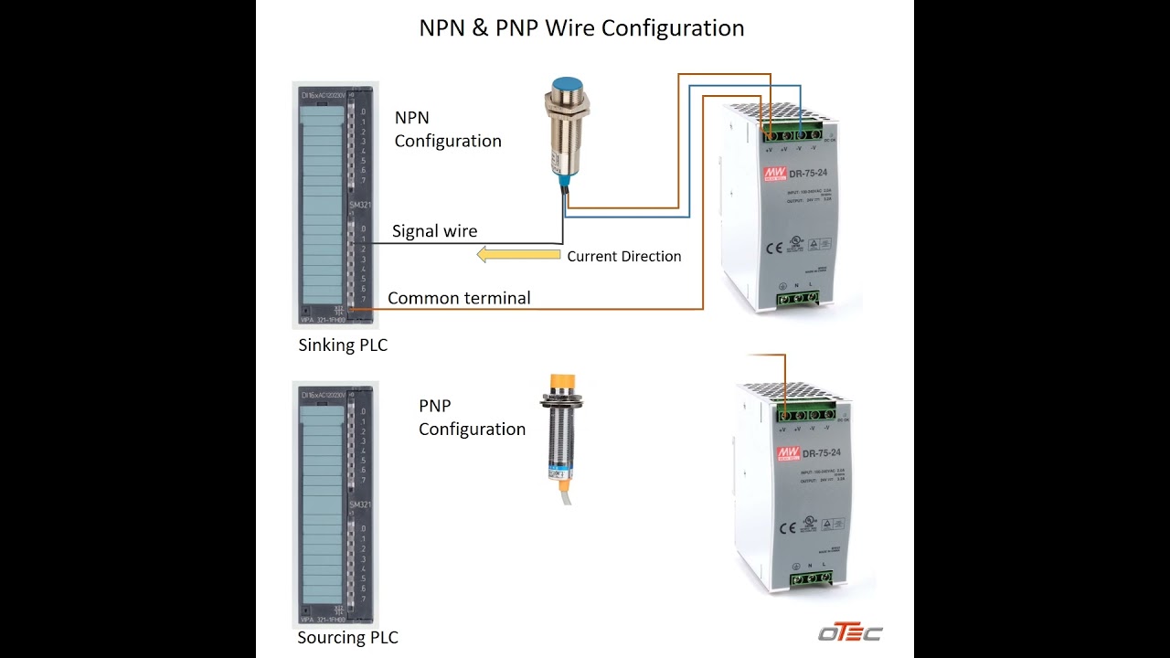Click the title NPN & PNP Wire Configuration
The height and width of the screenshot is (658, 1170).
click(581, 28)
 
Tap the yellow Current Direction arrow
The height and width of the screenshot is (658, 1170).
click(518, 255)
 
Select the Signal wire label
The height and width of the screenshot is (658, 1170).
click(434, 231)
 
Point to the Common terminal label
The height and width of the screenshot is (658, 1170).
click(459, 298)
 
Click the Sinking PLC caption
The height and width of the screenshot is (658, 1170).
click(343, 345)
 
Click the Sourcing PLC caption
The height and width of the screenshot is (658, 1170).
click(347, 638)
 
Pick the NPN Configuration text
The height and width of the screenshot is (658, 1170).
click(447, 130)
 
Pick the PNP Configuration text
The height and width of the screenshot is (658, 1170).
click(472, 418)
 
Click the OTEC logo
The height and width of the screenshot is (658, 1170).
click(849, 632)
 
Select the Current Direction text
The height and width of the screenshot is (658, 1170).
click(624, 257)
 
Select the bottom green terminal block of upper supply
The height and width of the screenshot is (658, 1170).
click(797, 297)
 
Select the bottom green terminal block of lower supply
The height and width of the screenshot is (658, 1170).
click(810, 578)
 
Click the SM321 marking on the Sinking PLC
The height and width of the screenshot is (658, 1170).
click(359, 206)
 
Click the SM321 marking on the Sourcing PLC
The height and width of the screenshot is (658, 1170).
click(359, 505)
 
